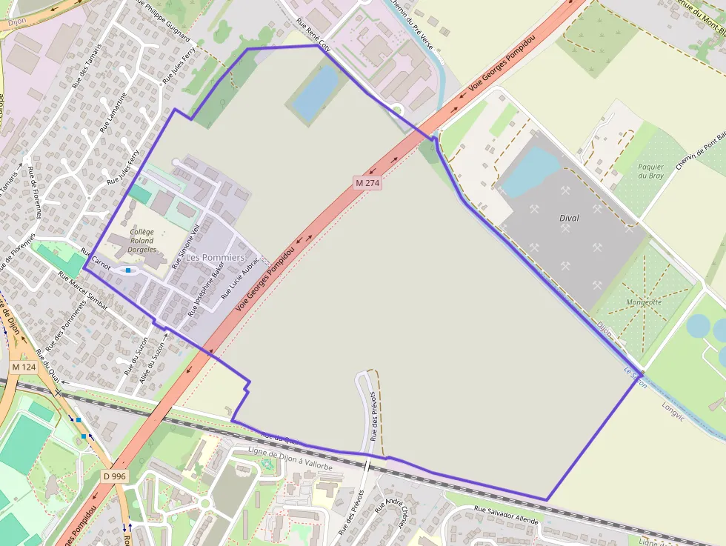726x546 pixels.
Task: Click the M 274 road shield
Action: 367,182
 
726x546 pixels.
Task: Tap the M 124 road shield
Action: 24,367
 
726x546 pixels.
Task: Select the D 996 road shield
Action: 114,476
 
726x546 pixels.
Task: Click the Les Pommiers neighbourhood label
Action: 215,257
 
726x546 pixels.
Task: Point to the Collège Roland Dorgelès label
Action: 141,241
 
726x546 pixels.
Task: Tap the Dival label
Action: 570,218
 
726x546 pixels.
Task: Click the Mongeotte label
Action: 644,302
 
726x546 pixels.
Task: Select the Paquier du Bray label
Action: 650,172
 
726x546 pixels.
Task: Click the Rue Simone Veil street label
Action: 187,246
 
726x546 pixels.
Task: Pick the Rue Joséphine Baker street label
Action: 205,288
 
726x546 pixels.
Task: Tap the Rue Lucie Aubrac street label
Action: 242,278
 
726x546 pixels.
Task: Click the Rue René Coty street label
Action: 313,34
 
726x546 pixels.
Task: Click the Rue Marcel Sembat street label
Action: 83,290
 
